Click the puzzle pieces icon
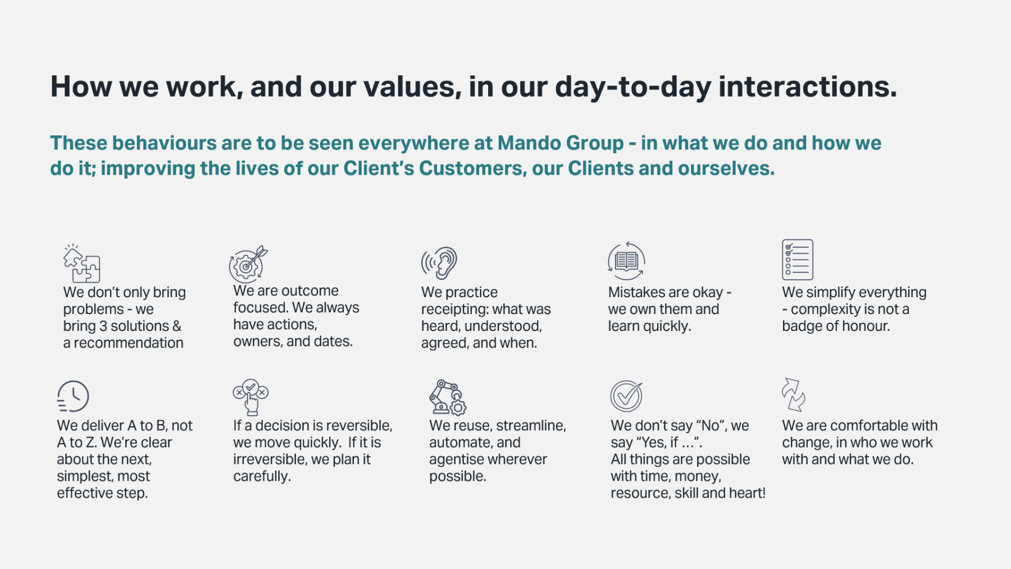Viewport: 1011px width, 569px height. click(x=81, y=263)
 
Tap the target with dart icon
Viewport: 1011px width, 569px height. click(x=248, y=264)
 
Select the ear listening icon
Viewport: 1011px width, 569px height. click(x=439, y=263)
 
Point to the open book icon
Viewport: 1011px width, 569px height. click(x=626, y=261)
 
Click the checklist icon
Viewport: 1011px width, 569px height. click(x=798, y=260)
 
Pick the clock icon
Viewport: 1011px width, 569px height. click(x=73, y=397)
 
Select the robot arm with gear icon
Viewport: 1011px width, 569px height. click(x=448, y=397)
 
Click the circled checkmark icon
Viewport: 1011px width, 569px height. click(x=626, y=396)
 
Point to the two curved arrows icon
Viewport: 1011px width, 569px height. click(x=793, y=395)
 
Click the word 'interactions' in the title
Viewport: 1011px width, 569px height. click(x=808, y=87)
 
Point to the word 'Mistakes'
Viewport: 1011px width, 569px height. click(x=636, y=293)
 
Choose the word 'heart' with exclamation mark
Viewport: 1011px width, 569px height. click(x=747, y=493)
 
